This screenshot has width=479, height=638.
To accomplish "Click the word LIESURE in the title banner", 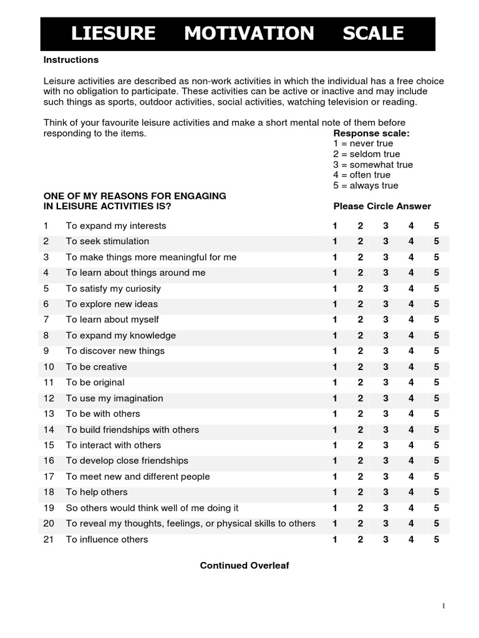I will (x=113, y=34).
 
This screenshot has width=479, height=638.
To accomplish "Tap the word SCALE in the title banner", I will (x=373, y=34).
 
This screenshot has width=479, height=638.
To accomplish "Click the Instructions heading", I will (x=70, y=60).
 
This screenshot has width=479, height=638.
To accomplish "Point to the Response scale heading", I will (x=372, y=133).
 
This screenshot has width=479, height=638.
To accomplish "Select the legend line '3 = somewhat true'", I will (x=373, y=164).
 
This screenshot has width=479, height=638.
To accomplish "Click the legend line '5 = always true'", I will (x=365, y=186).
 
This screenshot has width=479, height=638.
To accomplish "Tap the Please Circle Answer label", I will (x=382, y=206).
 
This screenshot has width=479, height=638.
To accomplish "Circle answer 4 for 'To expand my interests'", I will (x=411, y=226).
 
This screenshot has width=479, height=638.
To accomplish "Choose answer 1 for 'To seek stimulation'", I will (x=335, y=241).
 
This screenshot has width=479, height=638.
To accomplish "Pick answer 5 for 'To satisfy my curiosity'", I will (x=437, y=288).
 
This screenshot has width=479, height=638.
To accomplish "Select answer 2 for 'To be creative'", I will (x=360, y=367).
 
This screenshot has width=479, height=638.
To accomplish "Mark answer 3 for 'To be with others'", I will (x=386, y=414).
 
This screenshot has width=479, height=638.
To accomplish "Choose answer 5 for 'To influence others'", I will (x=437, y=540).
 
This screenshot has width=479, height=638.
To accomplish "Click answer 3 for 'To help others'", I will (x=386, y=492).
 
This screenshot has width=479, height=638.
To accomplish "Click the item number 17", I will (x=49, y=477).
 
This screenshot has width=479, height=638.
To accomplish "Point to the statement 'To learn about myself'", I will (x=112, y=320).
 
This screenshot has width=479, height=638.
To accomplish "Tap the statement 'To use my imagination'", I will (x=114, y=398).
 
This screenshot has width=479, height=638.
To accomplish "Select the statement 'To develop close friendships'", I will (x=127, y=461).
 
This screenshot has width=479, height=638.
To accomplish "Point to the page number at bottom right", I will (x=443, y=606).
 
